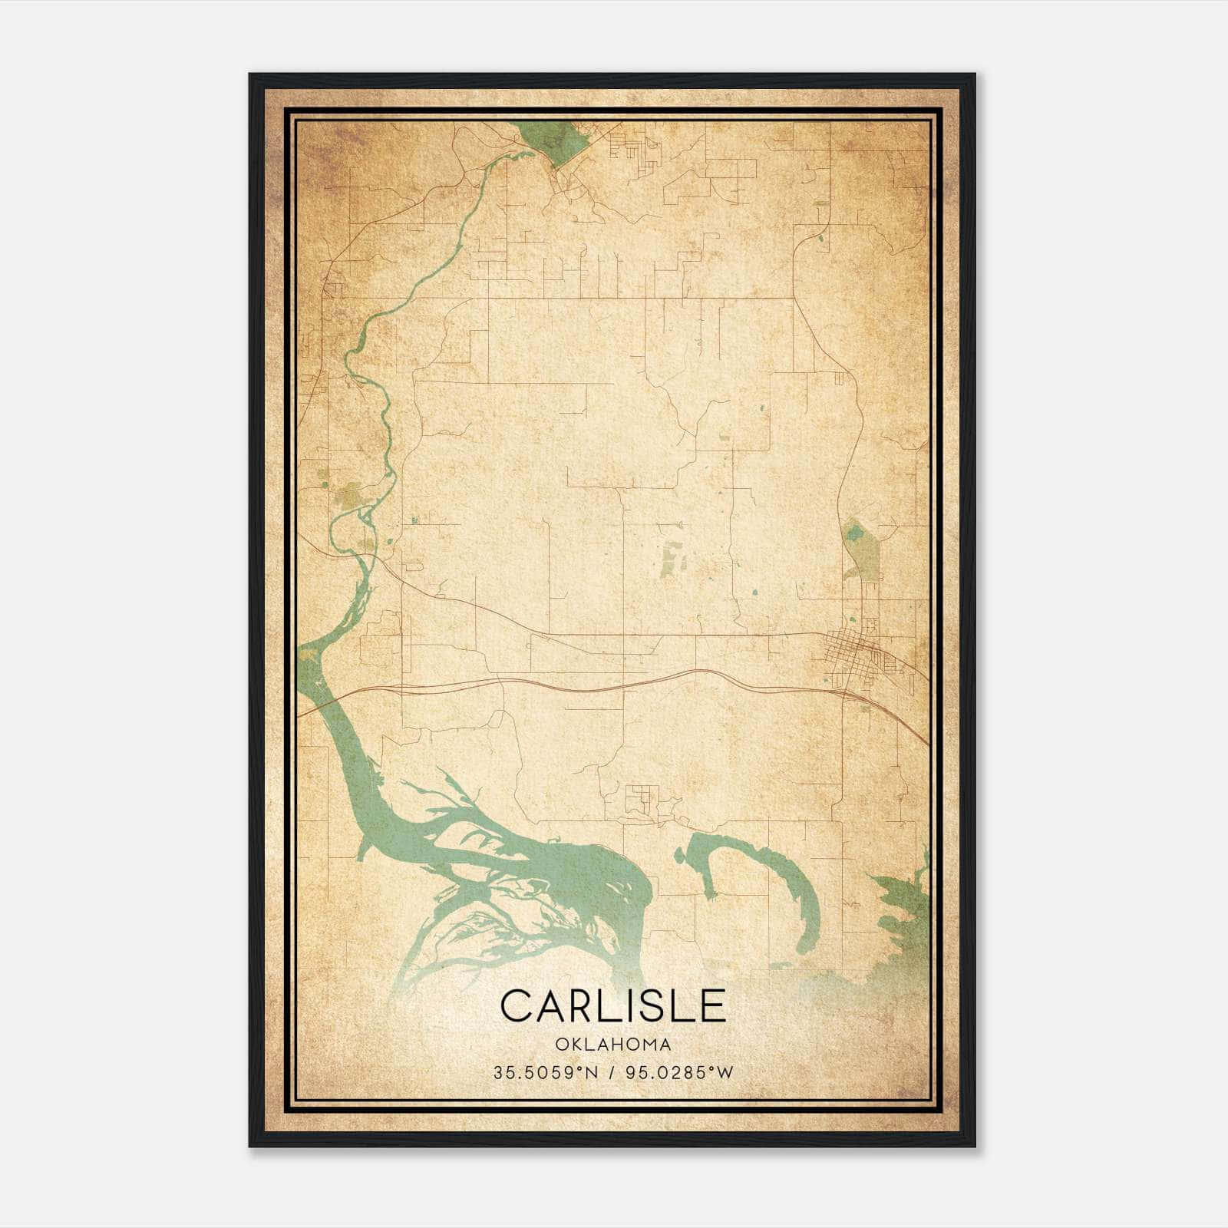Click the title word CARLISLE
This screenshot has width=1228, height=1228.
613,1005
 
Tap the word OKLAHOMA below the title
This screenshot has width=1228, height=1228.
613,1045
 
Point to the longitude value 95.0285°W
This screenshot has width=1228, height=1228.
678,1073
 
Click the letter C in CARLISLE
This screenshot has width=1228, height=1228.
516,1005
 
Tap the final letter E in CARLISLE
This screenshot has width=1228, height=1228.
713,1005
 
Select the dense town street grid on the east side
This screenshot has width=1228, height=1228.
856,652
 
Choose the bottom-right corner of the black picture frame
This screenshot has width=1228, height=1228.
974,1145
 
